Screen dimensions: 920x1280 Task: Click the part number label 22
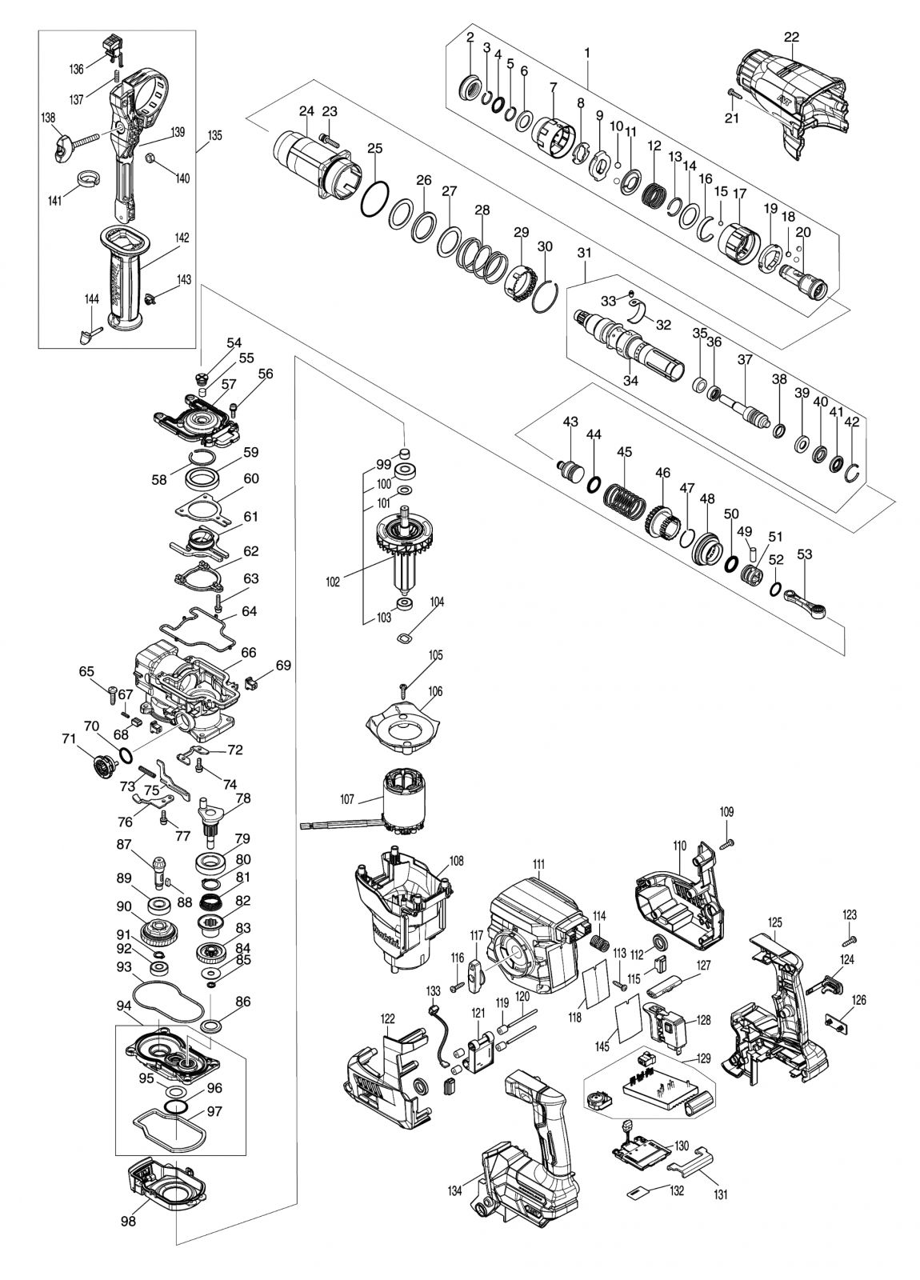(791, 37)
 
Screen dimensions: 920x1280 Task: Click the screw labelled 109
(726, 843)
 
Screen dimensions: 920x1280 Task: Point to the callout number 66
(249, 652)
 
